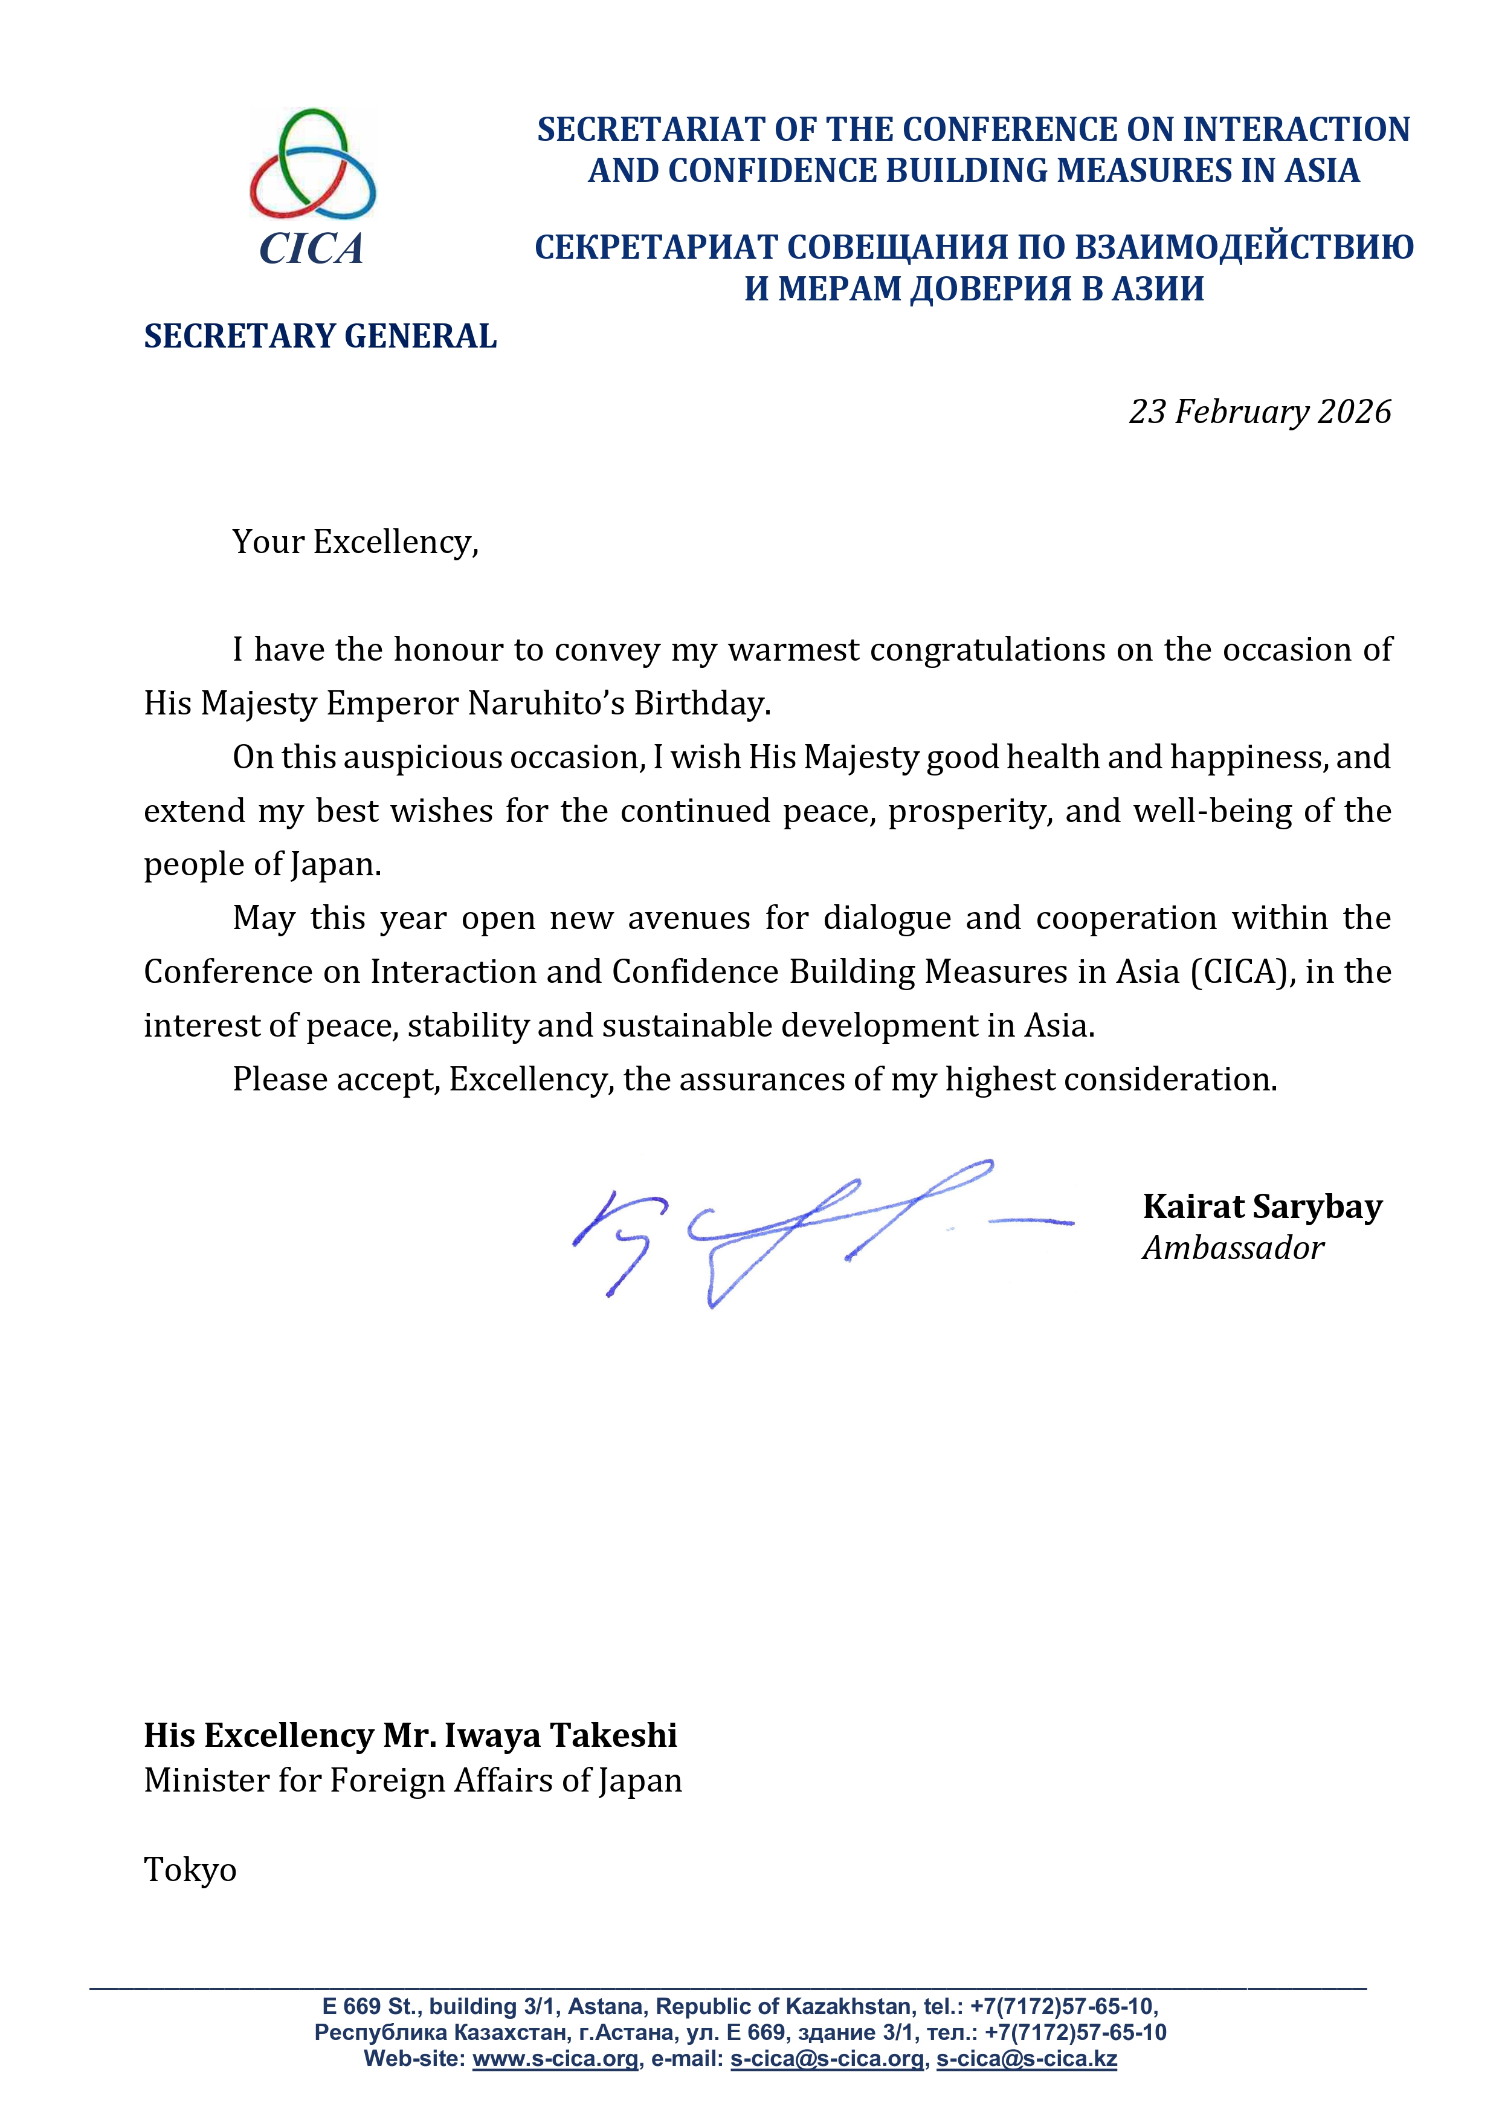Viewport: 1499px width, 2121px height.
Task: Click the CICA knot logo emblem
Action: pos(312,164)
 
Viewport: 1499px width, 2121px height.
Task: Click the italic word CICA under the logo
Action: pos(311,248)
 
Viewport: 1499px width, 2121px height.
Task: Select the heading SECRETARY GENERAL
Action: pos(320,336)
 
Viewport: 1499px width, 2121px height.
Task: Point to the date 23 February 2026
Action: pos(1259,412)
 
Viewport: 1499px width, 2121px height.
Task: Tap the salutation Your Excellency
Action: pos(355,542)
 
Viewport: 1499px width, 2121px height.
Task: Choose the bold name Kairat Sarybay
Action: pos(1262,1206)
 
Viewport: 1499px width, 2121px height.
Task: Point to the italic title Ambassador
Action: pos(1233,1248)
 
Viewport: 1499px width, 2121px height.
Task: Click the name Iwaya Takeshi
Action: pos(561,1736)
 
